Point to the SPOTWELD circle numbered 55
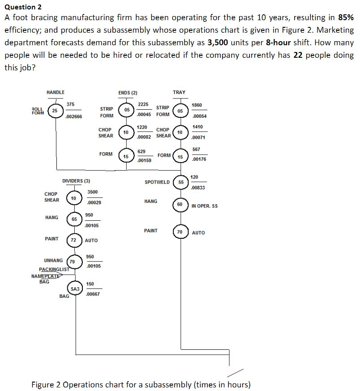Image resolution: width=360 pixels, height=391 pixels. [181, 182]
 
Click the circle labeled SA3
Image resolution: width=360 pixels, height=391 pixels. [75, 289]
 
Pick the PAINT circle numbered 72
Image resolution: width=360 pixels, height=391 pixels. [73, 240]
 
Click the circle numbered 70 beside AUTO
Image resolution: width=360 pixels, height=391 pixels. [180, 232]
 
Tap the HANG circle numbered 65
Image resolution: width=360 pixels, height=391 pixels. [74, 219]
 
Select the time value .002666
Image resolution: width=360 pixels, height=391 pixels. [73, 116]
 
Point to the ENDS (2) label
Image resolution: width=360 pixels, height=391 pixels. [128, 93]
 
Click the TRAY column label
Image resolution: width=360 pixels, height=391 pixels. [179, 92]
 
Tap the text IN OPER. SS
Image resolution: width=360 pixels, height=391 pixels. [204, 206]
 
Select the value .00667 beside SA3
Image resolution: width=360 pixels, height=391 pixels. [93, 294]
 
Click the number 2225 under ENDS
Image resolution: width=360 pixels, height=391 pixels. [143, 104]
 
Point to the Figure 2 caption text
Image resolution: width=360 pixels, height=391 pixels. [141, 385]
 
